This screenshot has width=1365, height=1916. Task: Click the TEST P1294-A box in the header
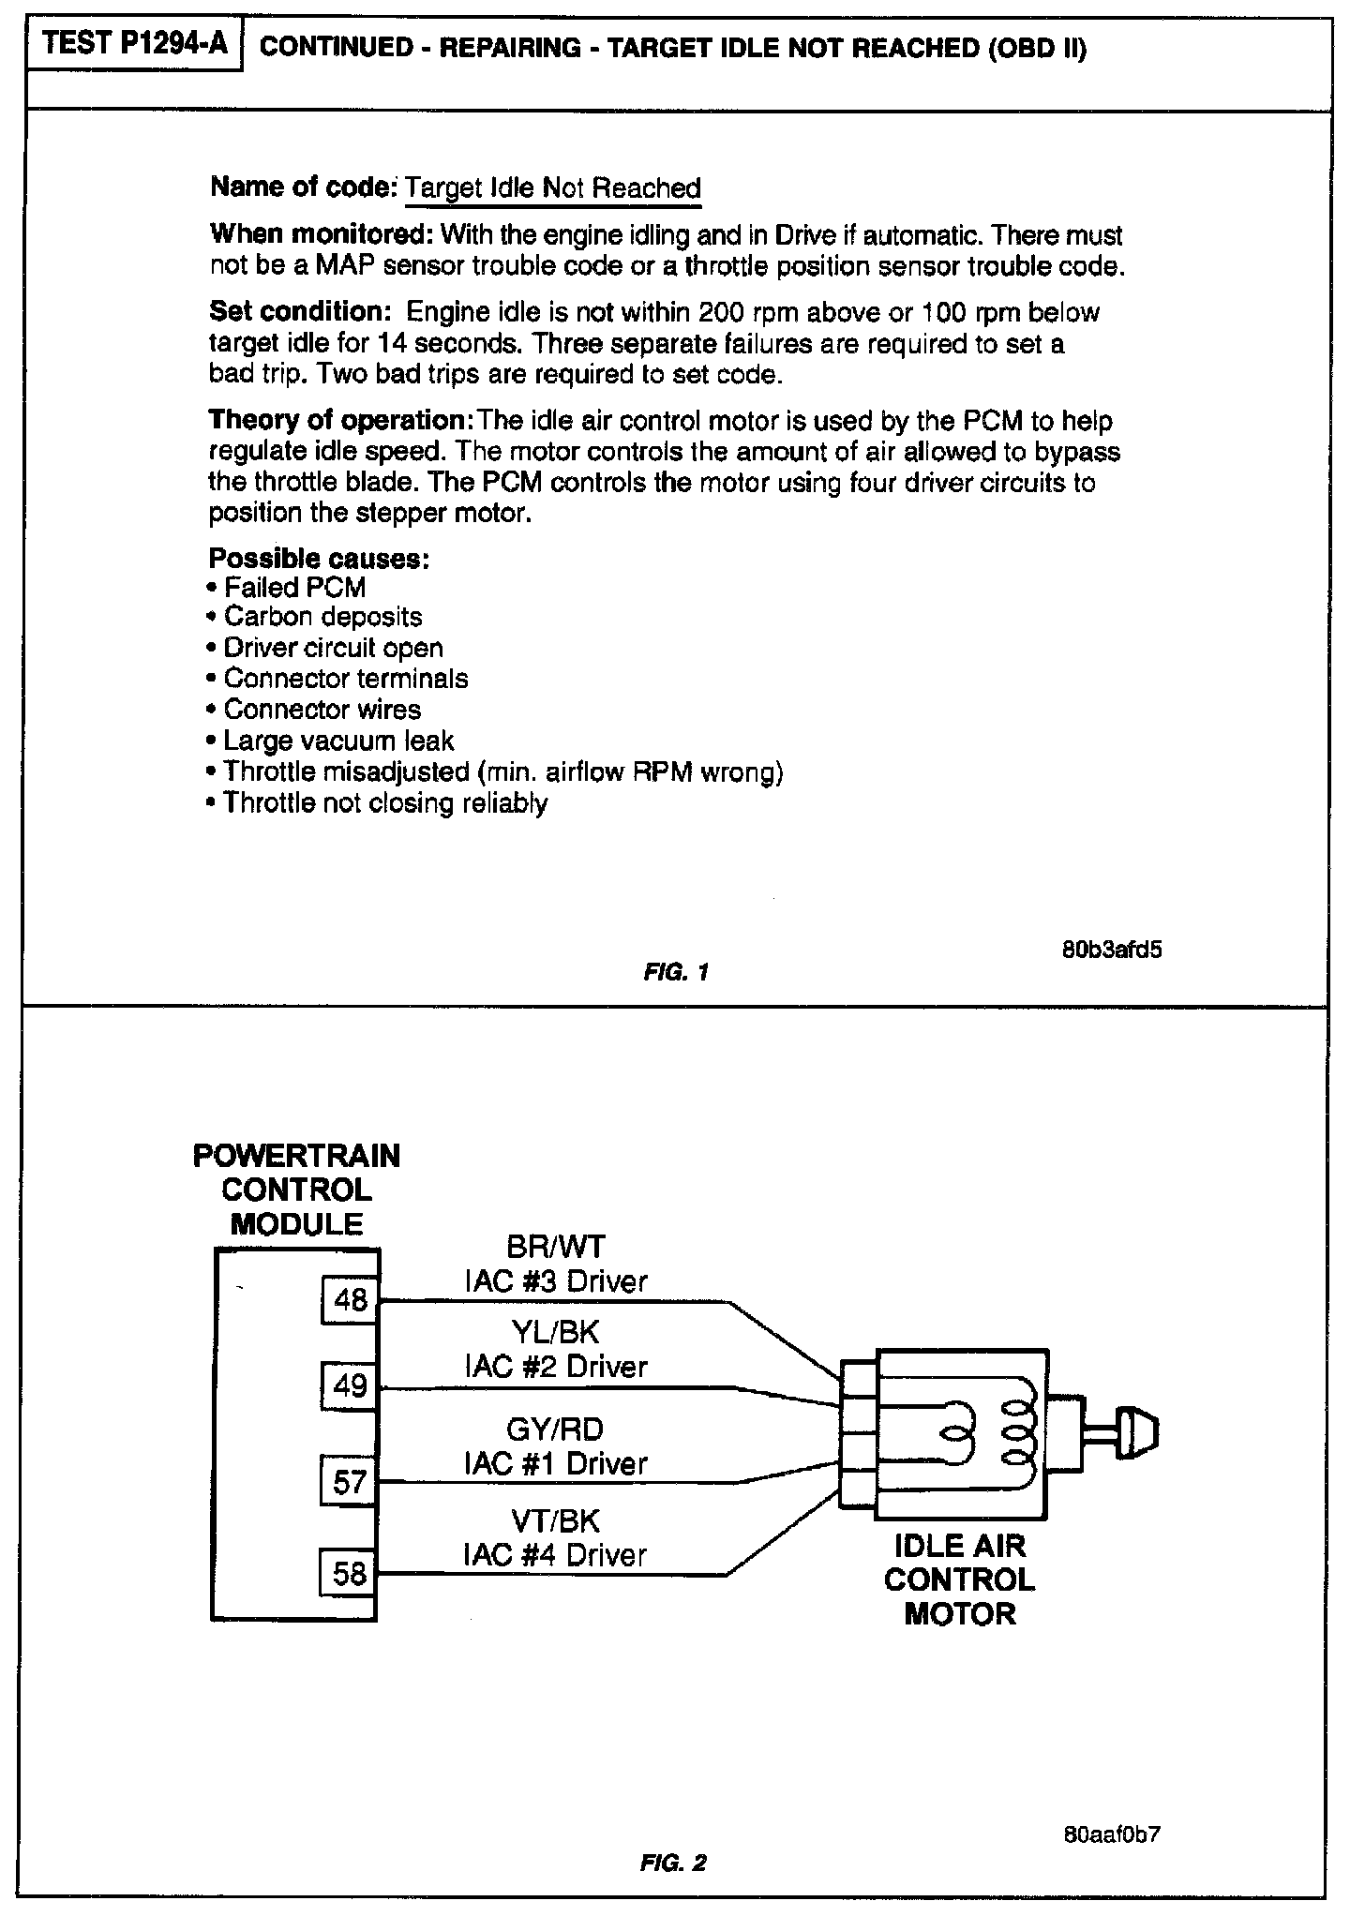[x=135, y=44]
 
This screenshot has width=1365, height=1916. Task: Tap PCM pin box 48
[x=350, y=1300]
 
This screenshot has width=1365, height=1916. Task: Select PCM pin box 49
[x=350, y=1385]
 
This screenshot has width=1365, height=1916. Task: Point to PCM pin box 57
[x=350, y=1482]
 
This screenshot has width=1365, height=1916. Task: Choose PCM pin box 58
[x=350, y=1572]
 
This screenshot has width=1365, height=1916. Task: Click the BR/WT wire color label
[x=556, y=1248]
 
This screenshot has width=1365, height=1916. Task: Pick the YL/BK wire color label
[x=556, y=1332]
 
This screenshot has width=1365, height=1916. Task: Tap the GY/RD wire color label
[x=556, y=1430]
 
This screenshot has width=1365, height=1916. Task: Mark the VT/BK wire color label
[x=556, y=1520]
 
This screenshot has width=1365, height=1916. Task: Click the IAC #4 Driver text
[x=556, y=1555]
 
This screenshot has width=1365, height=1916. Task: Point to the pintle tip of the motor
[x=1140, y=1431]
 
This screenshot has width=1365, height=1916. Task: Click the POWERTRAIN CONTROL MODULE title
[x=296, y=1190]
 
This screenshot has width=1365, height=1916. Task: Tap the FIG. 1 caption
[x=675, y=972]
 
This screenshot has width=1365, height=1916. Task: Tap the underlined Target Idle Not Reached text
[x=553, y=188]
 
